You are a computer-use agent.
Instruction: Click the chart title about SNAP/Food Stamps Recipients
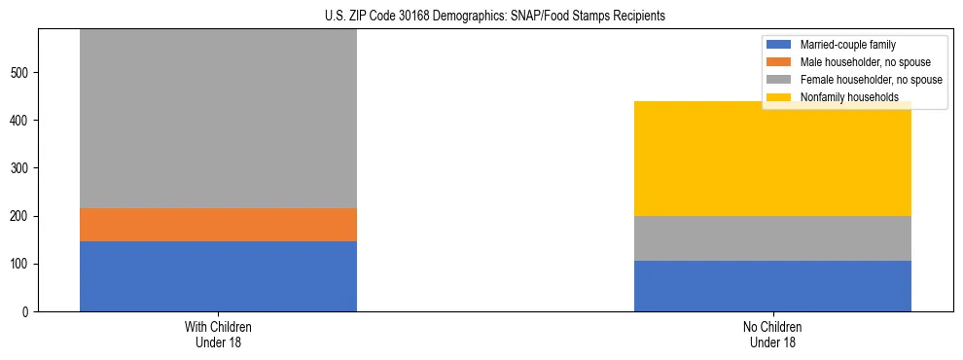pyautogui.click(x=481, y=16)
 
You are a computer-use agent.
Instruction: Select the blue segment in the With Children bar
pyautogui.click(x=218, y=276)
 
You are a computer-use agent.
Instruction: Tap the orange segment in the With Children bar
pyautogui.click(x=218, y=225)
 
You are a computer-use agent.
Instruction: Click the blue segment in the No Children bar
pyautogui.click(x=772, y=286)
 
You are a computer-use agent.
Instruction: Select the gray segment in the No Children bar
pyautogui.click(x=772, y=238)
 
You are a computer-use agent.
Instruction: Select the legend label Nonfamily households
pyautogui.click(x=841, y=97)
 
